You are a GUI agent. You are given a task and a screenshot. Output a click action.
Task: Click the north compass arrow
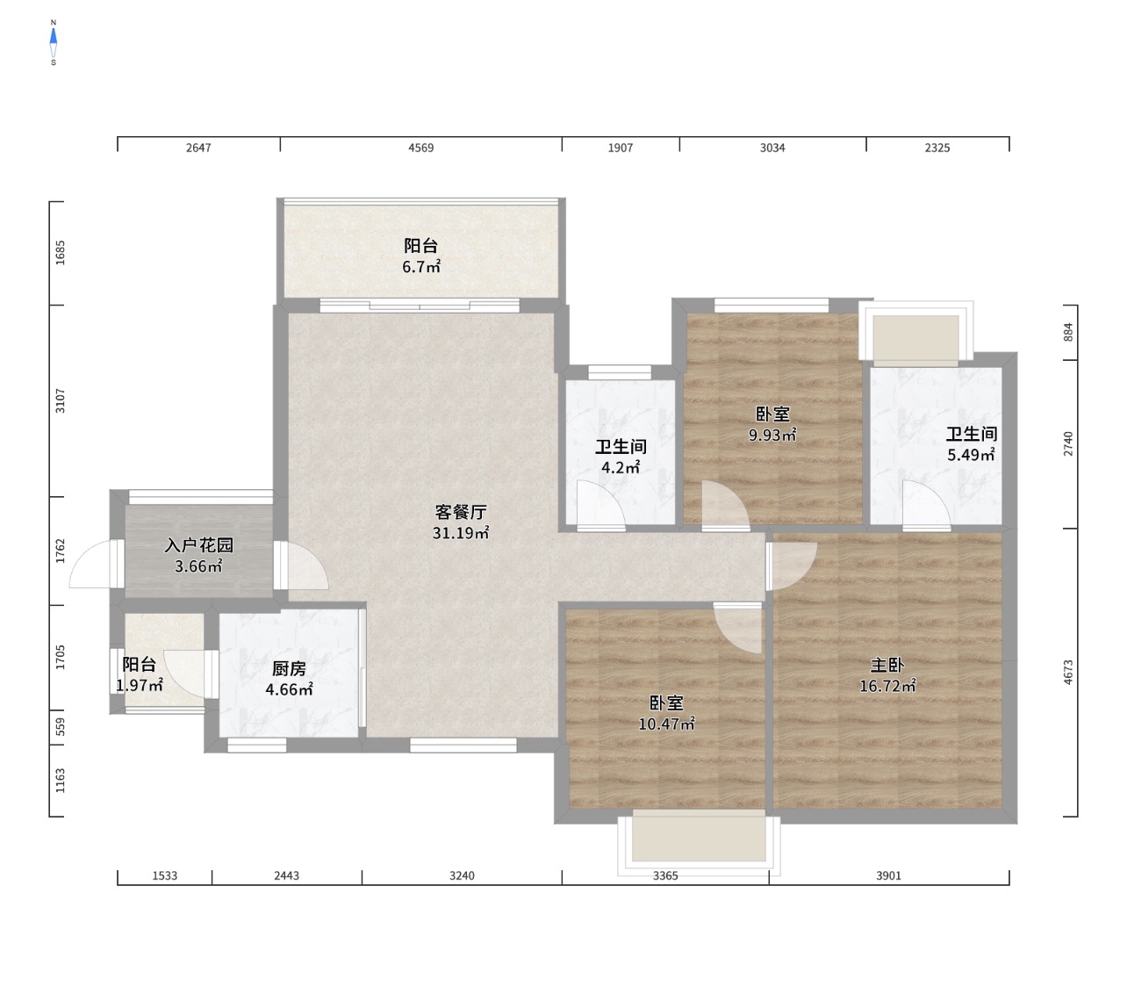54,37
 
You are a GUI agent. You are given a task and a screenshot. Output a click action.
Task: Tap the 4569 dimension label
421,148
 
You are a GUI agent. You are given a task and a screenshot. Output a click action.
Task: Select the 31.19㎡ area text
461,533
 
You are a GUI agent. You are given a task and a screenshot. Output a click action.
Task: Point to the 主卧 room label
887,665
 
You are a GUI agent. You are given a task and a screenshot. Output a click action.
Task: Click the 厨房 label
289,668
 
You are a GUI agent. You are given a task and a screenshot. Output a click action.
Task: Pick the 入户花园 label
198,545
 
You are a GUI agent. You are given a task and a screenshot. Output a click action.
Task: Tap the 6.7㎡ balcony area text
421,267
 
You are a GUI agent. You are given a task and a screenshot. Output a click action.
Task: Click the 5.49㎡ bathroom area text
971,455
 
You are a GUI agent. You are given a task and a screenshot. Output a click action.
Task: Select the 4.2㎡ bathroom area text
621,467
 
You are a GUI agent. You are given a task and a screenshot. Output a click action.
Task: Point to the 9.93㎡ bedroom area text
772,435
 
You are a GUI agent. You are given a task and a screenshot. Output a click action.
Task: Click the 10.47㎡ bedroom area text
666,724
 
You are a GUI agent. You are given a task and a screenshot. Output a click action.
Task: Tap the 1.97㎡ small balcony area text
139,685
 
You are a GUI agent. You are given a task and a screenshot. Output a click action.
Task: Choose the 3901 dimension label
888,875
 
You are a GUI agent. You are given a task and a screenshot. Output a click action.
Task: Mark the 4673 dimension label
1068,673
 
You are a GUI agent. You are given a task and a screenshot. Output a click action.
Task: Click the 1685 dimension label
60,253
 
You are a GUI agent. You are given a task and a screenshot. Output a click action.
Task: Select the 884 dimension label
1068,332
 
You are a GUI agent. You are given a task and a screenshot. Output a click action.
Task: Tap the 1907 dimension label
621,148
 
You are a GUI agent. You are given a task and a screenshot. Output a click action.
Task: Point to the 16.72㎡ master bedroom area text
887,686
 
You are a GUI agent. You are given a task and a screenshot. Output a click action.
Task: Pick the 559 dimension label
60,727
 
